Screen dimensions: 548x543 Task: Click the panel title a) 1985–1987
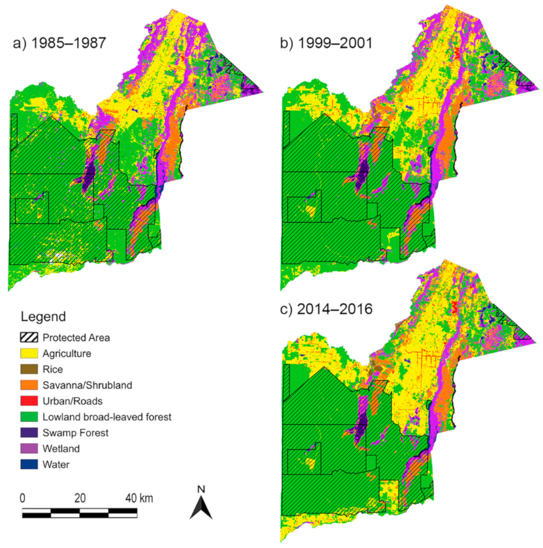point(59,43)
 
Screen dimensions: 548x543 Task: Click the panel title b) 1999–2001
point(326,43)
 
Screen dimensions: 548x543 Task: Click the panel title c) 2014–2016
point(326,309)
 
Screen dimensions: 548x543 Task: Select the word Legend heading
point(43,317)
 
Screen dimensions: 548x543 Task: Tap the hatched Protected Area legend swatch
point(29,338)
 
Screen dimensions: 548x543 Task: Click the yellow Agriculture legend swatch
point(29,354)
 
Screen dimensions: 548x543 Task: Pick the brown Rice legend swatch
point(29,370)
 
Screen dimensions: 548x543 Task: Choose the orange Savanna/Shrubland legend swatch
point(29,385)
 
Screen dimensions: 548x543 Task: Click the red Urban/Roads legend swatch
point(29,401)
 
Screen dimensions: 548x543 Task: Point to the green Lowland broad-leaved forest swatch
point(29,417)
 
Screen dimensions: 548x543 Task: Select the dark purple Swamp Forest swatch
point(29,433)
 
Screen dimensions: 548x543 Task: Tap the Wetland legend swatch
point(29,449)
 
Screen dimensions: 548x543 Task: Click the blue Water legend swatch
point(29,465)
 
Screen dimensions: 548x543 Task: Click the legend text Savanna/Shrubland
point(87,385)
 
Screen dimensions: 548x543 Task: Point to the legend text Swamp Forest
point(75,433)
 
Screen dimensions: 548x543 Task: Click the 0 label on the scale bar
point(23,498)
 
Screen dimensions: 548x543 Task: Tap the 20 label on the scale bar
point(80,498)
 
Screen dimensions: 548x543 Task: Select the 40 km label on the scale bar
point(139,498)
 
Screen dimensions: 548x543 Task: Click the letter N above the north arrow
point(201,489)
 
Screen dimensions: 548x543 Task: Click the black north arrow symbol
point(201,508)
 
